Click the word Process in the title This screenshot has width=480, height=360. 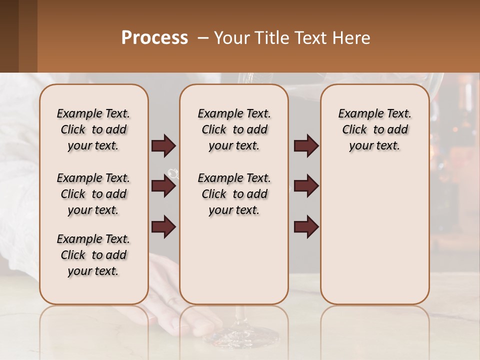click(154, 37)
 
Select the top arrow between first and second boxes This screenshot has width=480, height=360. click(163, 146)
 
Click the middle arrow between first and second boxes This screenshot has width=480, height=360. click(163, 186)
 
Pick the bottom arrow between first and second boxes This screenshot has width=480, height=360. click(163, 226)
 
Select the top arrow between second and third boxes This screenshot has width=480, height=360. click(306, 146)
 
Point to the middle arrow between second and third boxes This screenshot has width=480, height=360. click(306, 186)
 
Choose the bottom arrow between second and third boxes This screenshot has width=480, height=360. click(306, 226)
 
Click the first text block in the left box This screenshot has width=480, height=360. click(93, 129)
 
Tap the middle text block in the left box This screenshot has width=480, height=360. click(93, 194)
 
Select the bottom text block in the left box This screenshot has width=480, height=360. click(93, 255)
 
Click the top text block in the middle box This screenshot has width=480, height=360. click(234, 129)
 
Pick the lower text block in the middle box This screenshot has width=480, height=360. click(234, 194)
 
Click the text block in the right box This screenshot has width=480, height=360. click(374, 129)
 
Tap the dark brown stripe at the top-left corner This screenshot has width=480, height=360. click(9, 36)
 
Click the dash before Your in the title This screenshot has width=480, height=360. click(203, 37)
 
